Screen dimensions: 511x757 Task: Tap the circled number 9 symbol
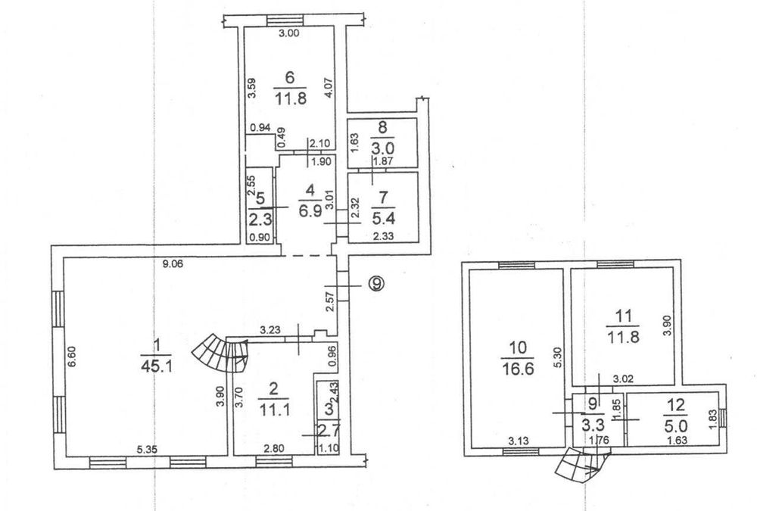coord(376,284)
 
